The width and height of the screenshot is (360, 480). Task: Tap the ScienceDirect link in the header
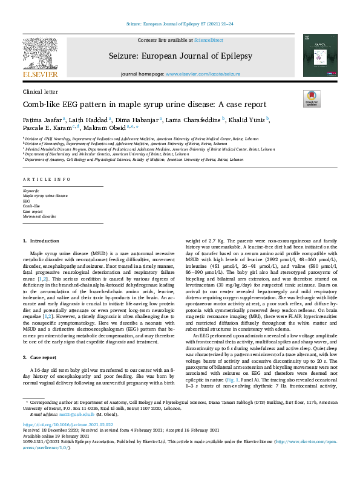tap(208, 39)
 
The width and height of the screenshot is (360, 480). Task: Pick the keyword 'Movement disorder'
tap(39, 216)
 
